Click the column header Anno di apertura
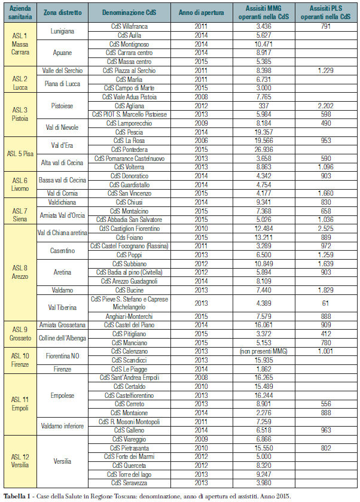(202, 13)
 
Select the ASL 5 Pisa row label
(20, 153)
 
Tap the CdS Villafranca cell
(130, 27)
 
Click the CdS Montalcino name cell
(130, 211)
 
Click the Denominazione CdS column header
(130, 13)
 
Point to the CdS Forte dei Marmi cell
(130, 457)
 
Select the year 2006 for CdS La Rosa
(202, 140)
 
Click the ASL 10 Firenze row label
(20, 360)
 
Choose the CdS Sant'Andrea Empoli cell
(130, 378)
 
